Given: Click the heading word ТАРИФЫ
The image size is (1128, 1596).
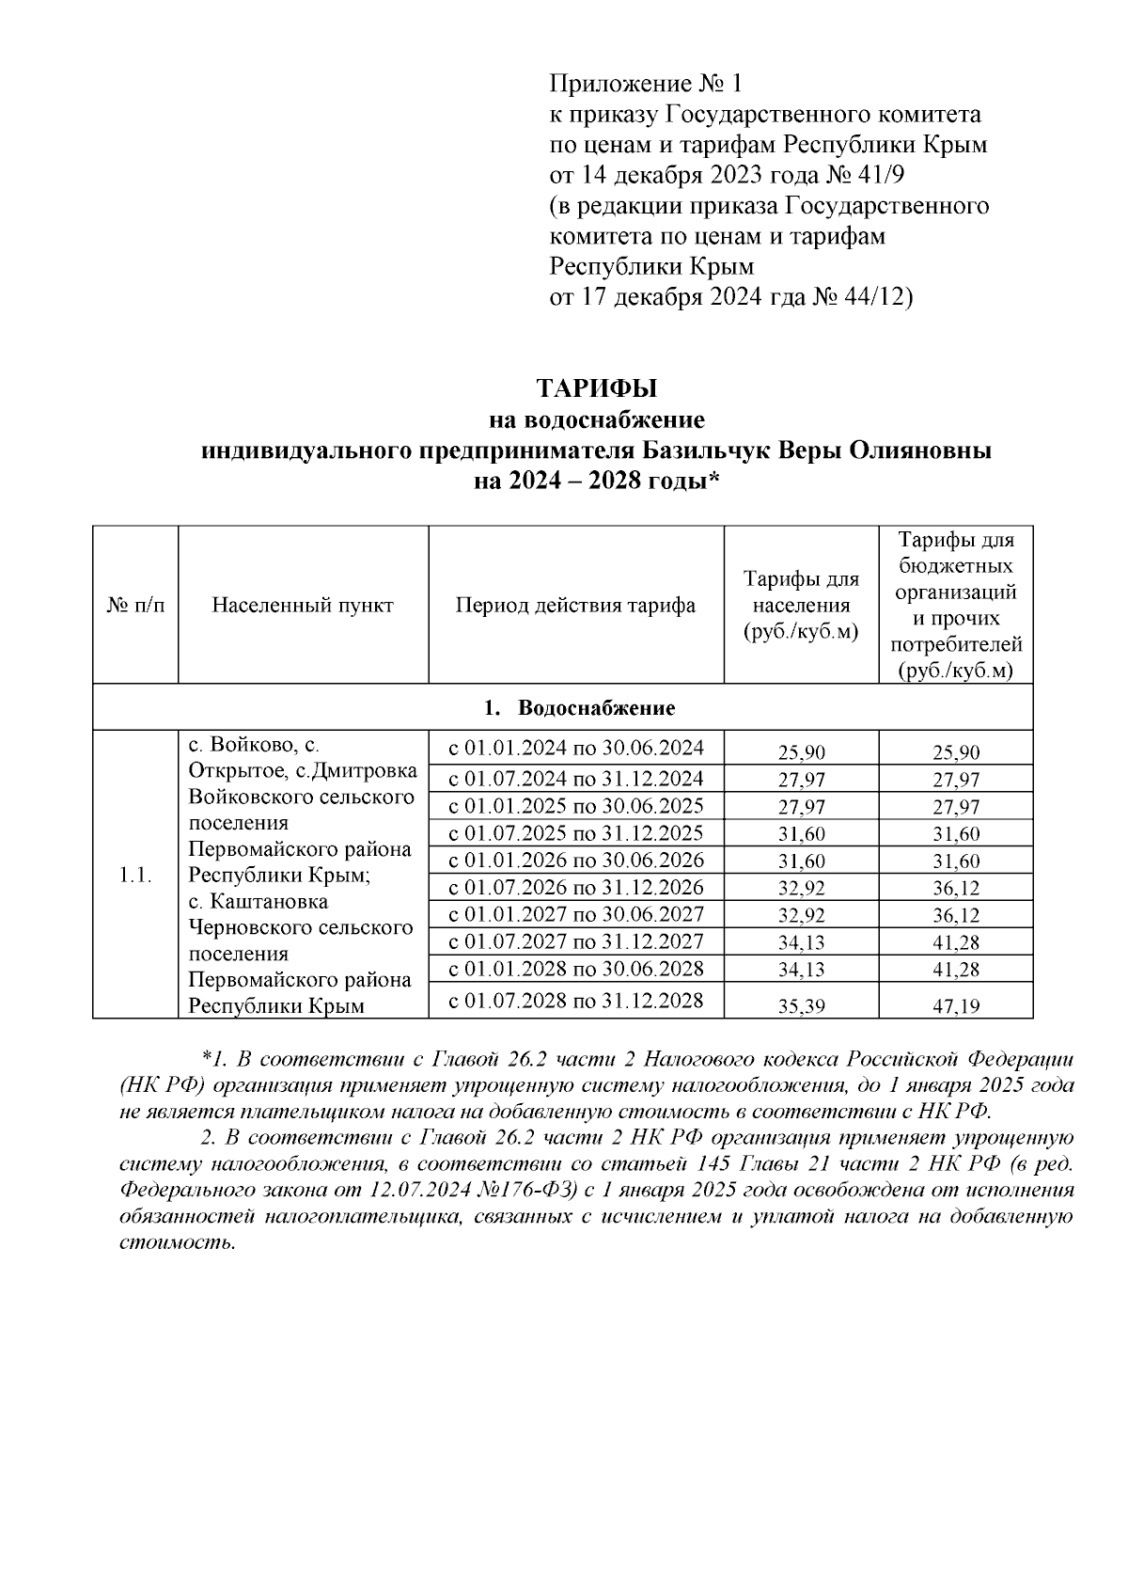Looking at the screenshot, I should (596, 388).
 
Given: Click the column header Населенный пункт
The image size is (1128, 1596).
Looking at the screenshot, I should (303, 605).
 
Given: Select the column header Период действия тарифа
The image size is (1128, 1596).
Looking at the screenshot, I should (575, 605).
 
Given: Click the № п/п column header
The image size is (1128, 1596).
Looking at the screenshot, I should (135, 605).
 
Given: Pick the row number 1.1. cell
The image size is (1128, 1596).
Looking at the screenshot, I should (135, 875).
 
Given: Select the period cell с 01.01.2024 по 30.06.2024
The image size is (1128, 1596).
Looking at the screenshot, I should (575, 749).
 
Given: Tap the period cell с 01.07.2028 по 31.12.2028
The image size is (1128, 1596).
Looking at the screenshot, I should (575, 1000).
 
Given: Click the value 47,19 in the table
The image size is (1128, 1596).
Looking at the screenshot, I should (956, 1006).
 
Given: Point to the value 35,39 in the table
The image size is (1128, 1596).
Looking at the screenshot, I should (801, 1006).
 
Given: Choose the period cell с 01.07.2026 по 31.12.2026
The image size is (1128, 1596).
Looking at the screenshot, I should (575, 887).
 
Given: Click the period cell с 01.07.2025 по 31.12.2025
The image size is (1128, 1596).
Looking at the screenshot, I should (575, 833).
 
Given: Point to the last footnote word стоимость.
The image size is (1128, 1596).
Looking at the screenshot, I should (177, 1242).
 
